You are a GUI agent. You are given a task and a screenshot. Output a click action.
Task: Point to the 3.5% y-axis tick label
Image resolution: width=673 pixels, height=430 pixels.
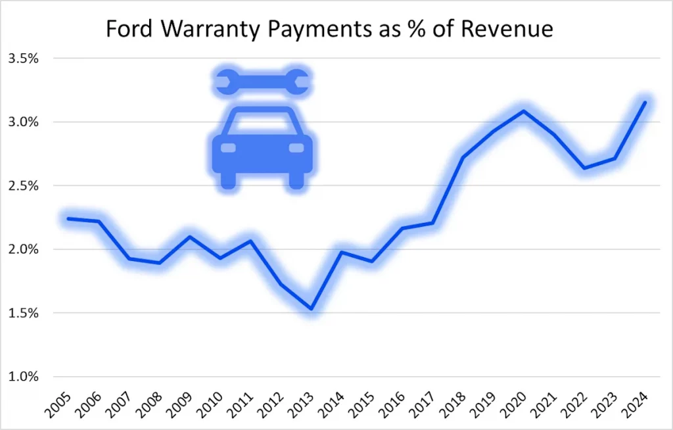pos(23,59)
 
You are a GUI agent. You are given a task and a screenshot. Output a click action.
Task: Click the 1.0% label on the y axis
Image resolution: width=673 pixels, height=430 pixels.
pos(23,377)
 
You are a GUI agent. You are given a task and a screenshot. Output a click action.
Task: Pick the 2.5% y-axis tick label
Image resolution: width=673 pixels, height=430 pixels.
pos(23,186)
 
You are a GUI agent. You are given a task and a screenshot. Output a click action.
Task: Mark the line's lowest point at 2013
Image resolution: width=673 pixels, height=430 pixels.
pos(311,309)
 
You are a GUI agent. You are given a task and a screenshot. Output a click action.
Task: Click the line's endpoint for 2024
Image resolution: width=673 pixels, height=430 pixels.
pos(645,102)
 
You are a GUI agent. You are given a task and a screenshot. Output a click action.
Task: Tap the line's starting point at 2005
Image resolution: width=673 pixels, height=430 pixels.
pos(68,218)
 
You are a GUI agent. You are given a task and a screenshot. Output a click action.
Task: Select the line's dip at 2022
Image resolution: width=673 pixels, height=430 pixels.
pos(584,168)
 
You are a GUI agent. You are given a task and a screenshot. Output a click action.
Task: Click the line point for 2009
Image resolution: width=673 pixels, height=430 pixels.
pos(189,237)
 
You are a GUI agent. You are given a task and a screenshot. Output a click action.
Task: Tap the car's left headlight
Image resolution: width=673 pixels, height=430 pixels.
pos(228,147)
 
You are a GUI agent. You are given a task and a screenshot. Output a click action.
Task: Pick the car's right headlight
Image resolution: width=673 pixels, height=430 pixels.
pos(296,147)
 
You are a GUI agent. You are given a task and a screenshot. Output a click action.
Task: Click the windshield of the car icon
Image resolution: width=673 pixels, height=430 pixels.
pos(262,122)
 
